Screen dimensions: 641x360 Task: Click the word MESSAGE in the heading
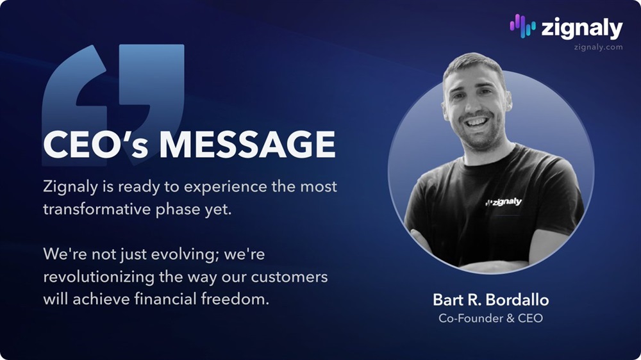pyautogui.click(x=247, y=144)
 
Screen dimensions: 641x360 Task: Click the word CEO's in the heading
pyautogui.click(x=96, y=144)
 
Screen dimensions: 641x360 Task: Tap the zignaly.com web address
pyautogui.click(x=598, y=47)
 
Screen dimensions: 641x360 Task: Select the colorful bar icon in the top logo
pyautogui.click(x=522, y=26)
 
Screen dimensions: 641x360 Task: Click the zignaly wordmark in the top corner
pyautogui.click(x=582, y=29)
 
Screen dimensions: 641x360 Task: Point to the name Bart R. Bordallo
pyautogui.click(x=490, y=300)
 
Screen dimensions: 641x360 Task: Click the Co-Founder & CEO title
pyautogui.click(x=490, y=318)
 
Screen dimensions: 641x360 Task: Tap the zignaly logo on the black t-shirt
pyautogui.click(x=503, y=202)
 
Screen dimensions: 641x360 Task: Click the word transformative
pyautogui.click(x=97, y=209)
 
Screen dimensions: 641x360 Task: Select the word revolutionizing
pyautogui.click(x=99, y=277)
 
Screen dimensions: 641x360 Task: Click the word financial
pyautogui.click(x=165, y=299)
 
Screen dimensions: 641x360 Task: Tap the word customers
pyautogui.click(x=289, y=277)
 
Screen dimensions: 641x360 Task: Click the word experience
pyautogui.click(x=225, y=187)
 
